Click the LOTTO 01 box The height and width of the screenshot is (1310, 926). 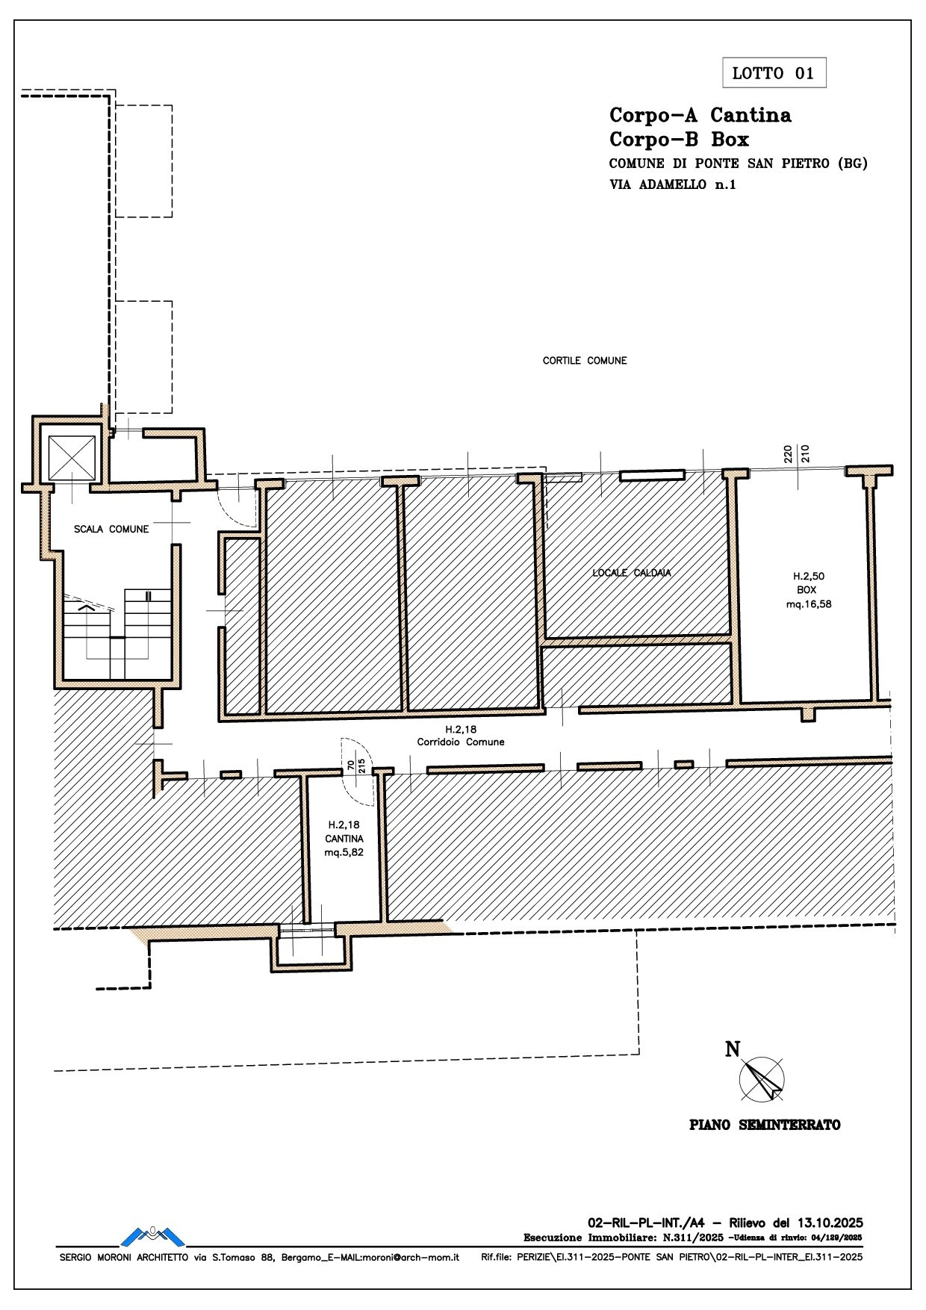click(774, 73)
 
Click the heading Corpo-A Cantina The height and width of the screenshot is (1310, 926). click(700, 115)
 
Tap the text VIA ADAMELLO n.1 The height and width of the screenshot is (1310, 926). click(672, 185)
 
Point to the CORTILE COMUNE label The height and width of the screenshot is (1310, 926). click(585, 361)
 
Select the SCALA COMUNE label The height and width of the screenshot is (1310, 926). click(111, 529)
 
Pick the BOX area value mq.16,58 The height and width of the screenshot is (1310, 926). click(809, 604)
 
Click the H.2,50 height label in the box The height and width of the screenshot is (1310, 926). click(809, 576)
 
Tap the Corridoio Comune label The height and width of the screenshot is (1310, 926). click(461, 742)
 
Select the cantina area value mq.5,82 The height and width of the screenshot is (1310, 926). click(344, 852)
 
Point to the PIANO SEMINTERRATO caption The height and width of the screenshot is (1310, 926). click(764, 1125)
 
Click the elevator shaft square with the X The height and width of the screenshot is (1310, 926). click(72, 458)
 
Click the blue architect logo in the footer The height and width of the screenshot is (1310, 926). click(152, 1236)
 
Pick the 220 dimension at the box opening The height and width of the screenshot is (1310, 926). click(787, 453)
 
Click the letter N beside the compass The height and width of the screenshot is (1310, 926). click(733, 1049)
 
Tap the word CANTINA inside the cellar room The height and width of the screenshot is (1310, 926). click(344, 839)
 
